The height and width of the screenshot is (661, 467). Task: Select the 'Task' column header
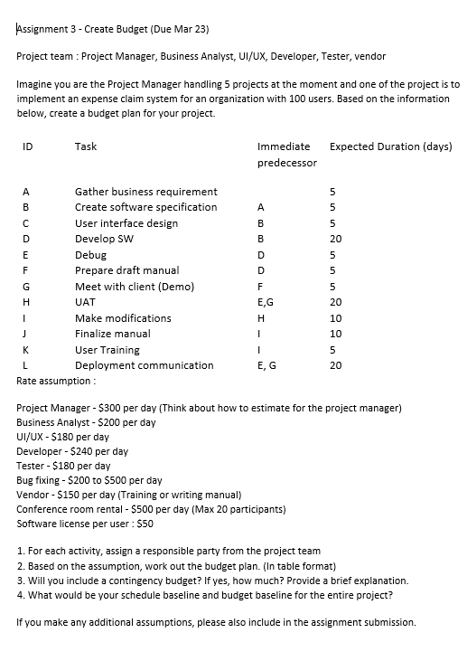coord(86,146)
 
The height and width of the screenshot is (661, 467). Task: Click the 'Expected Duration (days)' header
coord(391,146)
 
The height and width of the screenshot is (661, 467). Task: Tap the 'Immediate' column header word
coord(283,146)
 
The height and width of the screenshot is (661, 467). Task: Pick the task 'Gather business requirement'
coord(145,192)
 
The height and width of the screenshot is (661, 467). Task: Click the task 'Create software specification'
coord(145,207)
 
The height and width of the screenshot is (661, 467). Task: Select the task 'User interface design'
coord(126,223)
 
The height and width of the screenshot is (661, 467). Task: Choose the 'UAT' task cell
coord(85,302)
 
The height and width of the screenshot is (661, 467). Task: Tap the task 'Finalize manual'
coord(112,334)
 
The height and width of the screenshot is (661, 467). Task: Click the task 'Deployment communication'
coord(144,365)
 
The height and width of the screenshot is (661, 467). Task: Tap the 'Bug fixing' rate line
coord(89,480)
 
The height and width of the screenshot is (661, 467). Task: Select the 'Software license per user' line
coord(86,523)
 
